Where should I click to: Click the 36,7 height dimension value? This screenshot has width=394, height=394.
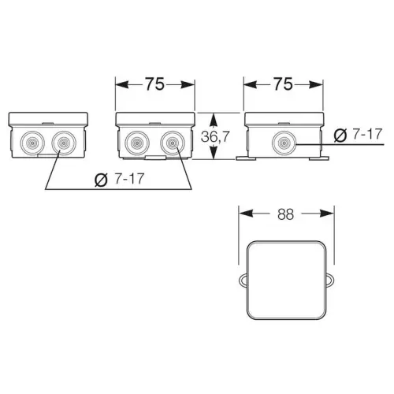[215, 136]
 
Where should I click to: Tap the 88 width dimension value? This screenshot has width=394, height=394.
[285, 214]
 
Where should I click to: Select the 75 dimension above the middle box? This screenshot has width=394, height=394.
[155, 84]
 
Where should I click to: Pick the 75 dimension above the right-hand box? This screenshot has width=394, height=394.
[283, 84]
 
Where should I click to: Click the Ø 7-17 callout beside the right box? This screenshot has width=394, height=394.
[358, 135]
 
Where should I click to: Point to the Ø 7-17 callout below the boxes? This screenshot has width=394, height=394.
[119, 179]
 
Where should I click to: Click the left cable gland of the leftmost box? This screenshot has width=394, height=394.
[32, 143]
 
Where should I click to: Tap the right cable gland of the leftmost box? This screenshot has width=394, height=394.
[64, 143]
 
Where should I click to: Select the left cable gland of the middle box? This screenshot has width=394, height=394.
[137, 143]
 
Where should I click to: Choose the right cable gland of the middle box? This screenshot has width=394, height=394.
[173, 143]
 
